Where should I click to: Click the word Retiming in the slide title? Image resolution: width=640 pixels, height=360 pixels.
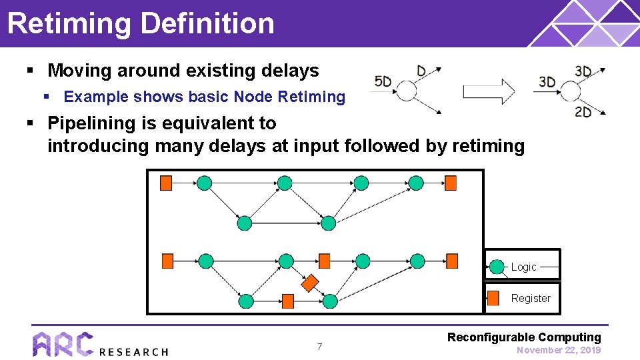click(x=69, y=23)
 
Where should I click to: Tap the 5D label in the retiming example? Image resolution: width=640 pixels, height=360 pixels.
click(x=383, y=82)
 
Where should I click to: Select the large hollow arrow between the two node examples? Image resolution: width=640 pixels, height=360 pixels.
click(x=489, y=91)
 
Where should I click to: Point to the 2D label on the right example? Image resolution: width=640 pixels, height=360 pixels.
click(x=583, y=112)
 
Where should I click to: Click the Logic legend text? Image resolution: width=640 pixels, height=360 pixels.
click(x=523, y=267)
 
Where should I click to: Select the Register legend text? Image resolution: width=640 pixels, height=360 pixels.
click(x=531, y=298)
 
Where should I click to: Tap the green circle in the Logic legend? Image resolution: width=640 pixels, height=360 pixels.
click(x=497, y=267)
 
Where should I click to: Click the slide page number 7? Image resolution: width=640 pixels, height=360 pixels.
click(x=319, y=347)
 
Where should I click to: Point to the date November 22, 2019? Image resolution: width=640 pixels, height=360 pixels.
click(x=559, y=350)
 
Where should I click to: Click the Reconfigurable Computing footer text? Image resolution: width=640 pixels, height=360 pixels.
click(x=524, y=337)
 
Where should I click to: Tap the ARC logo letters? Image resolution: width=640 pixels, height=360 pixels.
click(x=63, y=345)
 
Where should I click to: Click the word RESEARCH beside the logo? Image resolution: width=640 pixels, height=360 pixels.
click(x=133, y=351)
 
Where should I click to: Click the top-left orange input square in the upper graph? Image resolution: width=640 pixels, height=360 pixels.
click(x=166, y=182)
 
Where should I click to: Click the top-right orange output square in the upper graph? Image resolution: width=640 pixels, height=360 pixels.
click(x=451, y=182)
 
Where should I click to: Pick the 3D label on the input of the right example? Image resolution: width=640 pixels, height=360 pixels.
click(x=547, y=82)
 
